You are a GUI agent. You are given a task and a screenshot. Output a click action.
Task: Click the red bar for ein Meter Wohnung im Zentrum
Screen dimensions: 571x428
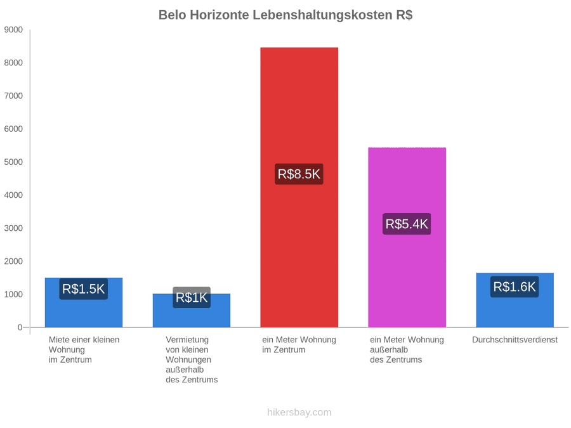pos(299,187)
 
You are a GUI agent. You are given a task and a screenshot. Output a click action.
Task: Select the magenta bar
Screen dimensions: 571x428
pos(407,237)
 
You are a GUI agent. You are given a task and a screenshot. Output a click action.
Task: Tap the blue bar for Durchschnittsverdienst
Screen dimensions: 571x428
pos(515,300)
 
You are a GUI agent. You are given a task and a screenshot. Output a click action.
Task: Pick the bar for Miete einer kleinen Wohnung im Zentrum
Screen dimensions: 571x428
pos(84,302)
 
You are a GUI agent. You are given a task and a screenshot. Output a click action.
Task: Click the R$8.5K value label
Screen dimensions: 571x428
pos(299,174)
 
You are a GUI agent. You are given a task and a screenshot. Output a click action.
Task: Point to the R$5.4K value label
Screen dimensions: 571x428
pos(407,224)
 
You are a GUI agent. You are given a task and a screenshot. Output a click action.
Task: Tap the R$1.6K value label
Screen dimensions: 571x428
pos(515,287)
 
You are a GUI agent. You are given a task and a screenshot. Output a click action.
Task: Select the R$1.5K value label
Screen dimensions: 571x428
pos(83,289)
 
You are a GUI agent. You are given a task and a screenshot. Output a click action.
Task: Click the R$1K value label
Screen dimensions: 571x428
pos(192,297)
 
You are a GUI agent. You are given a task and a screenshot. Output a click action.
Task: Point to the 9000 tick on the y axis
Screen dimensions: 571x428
pos(13,30)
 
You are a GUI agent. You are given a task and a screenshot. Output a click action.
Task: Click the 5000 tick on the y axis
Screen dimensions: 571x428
pos(13,162)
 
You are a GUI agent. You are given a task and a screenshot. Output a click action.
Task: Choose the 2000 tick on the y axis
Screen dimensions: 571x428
pos(13,261)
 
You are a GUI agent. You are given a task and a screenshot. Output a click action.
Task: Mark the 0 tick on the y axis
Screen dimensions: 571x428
pos(20,328)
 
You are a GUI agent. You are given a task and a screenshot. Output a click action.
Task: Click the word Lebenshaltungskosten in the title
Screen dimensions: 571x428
pos(322,15)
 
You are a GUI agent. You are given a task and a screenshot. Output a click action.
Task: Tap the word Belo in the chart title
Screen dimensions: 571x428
pos(172,15)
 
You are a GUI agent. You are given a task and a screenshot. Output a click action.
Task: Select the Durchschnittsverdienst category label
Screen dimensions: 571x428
pos(515,340)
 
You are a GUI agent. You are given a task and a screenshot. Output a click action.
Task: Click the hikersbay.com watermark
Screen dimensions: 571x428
pos(299,412)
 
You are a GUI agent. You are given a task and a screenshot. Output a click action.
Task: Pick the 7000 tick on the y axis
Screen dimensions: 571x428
pos(13,96)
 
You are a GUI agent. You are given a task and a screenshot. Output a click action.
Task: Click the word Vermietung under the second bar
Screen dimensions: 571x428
pos(187,340)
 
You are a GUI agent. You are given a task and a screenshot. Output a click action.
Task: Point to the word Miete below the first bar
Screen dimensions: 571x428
pos(58,340)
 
